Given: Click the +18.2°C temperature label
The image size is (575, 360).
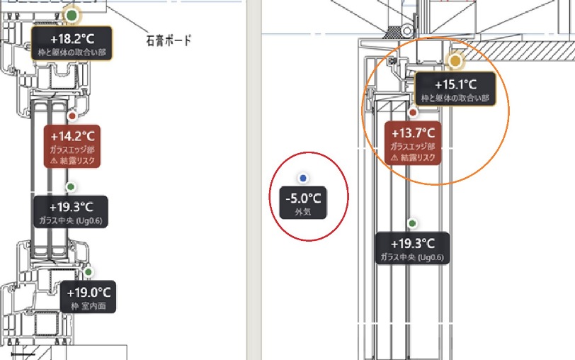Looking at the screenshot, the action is pyautogui.click(x=72, y=43).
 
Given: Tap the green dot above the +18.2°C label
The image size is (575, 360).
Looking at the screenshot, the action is pyautogui.click(x=72, y=16).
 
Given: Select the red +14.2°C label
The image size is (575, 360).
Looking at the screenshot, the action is pyautogui.click(x=72, y=146).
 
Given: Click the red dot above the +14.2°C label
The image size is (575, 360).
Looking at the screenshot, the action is pyautogui.click(x=72, y=116).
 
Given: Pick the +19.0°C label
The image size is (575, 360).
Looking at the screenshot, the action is pyautogui.click(x=89, y=297).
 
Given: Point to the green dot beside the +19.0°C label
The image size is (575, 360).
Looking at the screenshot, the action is pyautogui.click(x=88, y=272).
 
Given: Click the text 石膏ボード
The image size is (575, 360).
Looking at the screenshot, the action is pyautogui.click(x=169, y=40).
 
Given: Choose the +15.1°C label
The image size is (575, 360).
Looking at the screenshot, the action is pyautogui.click(x=455, y=89).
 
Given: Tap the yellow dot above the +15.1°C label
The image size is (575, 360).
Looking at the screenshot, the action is pyautogui.click(x=455, y=61).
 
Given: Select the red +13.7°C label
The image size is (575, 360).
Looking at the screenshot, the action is pyautogui.click(x=413, y=143).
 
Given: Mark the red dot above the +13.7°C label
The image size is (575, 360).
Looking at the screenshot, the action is pyautogui.click(x=413, y=113).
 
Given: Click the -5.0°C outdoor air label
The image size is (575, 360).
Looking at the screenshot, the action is pyautogui.click(x=303, y=203).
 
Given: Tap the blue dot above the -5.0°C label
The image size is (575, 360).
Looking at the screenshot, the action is pyautogui.click(x=303, y=179).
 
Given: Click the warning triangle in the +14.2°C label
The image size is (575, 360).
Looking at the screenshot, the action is pyautogui.click(x=54, y=161).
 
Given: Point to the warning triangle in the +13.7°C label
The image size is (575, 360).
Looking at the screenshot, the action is pyautogui.click(x=394, y=158).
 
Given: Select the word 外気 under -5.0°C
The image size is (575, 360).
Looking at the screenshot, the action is pyautogui.click(x=303, y=212).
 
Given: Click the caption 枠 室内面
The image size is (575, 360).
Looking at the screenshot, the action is pyautogui.click(x=89, y=306).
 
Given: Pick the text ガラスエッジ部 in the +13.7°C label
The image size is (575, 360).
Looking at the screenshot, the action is pyautogui.click(x=413, y=147).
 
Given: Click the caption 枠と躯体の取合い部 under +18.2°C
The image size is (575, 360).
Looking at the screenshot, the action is pyautogui.click(x=72, y=52).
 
